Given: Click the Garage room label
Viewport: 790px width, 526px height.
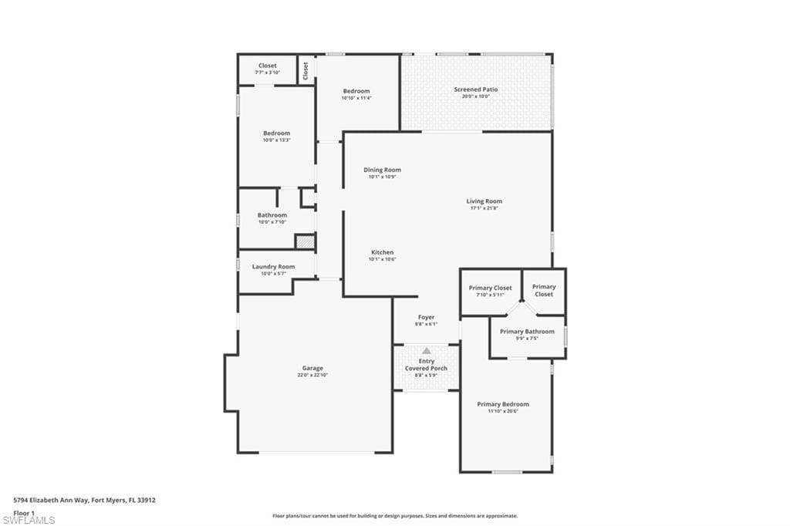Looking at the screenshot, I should [x=312, y=368].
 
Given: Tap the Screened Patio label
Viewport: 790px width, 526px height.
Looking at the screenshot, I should [x=475, y=89].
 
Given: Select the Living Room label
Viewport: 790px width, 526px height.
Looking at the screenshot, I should [x=484, y=201].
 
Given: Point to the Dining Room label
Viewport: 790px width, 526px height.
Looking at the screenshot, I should [x=382, y=170].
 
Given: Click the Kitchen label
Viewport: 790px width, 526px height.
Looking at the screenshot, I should [x=382, y=252].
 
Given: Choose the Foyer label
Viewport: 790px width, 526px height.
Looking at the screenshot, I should [x=426, y=317].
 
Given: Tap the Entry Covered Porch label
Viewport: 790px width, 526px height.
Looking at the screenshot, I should [x=426, y=365].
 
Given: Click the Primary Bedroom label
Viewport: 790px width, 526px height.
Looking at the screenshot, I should [x=503, y=404].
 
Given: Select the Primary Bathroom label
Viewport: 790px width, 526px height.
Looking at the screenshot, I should [x=527, y=332].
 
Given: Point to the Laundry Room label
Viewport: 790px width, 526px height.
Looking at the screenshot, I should [x=273, y=267].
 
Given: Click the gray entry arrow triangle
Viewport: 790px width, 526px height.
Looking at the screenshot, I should [x=426, y=351].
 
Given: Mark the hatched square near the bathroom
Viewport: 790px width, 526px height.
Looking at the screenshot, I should [x=306, y=241].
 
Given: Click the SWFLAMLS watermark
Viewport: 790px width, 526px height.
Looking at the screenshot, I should [x=29, y=520].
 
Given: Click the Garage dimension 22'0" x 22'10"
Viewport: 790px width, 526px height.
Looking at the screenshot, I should [x=312, y=376].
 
